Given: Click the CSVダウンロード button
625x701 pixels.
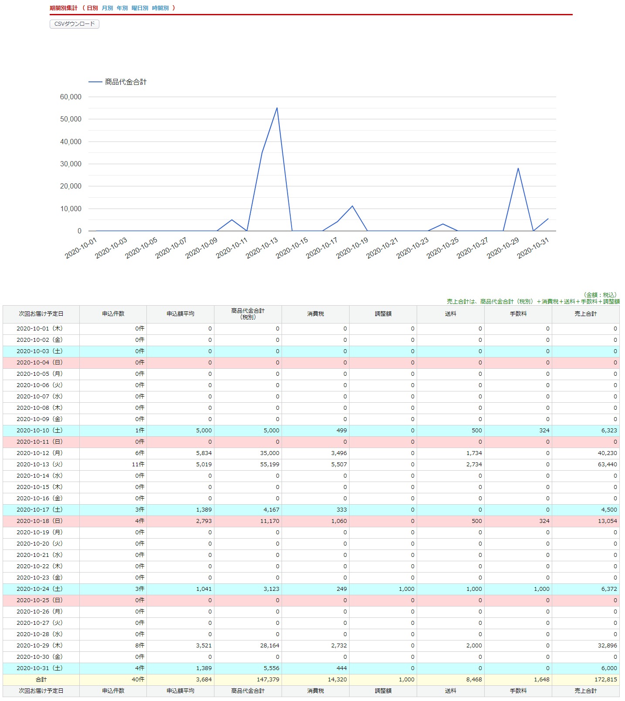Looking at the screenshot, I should (x=75, y=24).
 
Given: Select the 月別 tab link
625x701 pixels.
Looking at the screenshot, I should (x=107, y=8).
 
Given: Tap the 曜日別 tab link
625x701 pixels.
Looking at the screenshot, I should (x=140, y=8).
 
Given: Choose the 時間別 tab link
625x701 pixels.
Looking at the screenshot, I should (x=160, y=8).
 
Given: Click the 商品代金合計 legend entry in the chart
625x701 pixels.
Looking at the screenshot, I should (x=126, y=82).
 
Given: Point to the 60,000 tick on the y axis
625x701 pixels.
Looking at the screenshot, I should (x=71, y=97).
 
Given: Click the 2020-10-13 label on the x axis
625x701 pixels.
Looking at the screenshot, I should (x=262, y=248).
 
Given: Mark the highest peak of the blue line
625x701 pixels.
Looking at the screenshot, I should (x=277, y=108).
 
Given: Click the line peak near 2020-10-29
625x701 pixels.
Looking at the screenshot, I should (x=518, y=169).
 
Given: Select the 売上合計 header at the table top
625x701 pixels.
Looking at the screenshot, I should (x=585, y=314).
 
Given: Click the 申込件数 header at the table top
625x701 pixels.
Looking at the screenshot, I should (x=113, y=314).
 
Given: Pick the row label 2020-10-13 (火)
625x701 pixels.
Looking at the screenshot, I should (x=40, y=465).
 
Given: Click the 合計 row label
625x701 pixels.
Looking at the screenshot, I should (x=41, y=680).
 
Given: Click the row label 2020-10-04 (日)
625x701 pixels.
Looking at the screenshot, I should (x=40, y=363).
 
